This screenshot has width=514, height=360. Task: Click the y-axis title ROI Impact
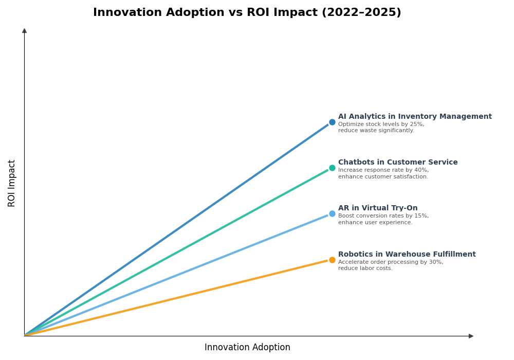[x=12, y=183]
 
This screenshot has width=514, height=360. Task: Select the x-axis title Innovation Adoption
[x=247, y=348]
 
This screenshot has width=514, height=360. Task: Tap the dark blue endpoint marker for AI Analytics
[x=332, y=122]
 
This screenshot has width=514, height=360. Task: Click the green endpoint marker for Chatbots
[x=332, y=168]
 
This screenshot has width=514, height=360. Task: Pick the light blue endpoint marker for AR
[x=332, y=214]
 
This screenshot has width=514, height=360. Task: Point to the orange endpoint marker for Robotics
[x=332, y=260]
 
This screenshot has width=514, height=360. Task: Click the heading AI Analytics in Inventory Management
[x=415, y=117]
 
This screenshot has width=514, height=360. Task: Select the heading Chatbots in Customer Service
[x=398, y=163]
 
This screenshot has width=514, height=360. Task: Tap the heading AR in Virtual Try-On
[x=378, y=208]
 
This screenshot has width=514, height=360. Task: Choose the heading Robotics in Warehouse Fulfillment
[x=407, y=255]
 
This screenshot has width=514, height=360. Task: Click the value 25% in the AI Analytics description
[x=417, y=124]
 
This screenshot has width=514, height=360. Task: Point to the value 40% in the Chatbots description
[x=421, y=170]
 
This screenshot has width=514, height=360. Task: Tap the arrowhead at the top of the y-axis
[x=24, y=31]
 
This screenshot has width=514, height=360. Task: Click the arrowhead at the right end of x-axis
[x=471, y=336]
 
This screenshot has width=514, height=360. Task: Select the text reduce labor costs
[x=365, y=268]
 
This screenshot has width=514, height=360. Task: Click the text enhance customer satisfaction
[x=383, y=177]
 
